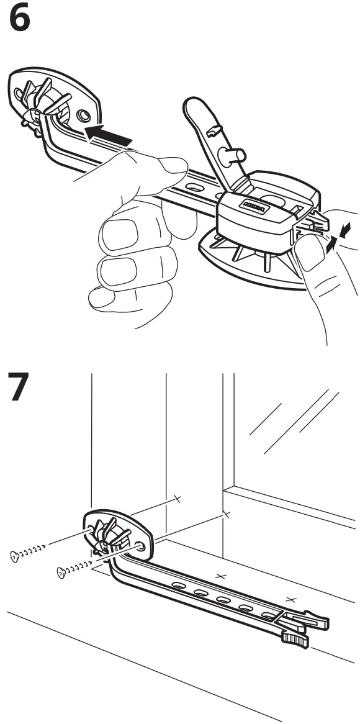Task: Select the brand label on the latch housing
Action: coord(253,206)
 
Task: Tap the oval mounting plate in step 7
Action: coord(119,536)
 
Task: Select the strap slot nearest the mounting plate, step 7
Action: coord(178,586)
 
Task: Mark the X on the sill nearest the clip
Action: coord(292,599)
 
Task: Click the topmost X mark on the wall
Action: coord(177,497)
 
